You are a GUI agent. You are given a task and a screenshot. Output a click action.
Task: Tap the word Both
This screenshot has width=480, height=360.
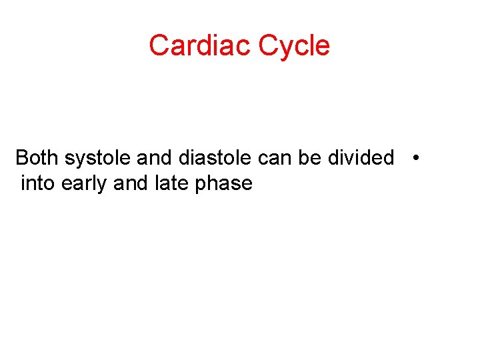tap(37, 158)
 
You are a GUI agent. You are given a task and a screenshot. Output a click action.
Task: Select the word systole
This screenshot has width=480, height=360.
tap(98, 158)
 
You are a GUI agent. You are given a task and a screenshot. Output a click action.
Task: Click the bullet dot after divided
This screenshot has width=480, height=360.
tap(415, 158)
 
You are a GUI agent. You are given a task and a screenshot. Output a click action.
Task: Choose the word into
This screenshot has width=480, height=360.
tap(38, 183)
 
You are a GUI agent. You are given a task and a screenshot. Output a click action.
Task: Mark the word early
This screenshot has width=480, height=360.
tap(85, 183)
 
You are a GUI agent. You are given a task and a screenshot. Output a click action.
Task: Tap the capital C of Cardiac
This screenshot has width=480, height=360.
tap(159, 45)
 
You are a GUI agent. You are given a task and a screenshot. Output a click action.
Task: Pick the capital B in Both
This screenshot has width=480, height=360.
tap(21, 158)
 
